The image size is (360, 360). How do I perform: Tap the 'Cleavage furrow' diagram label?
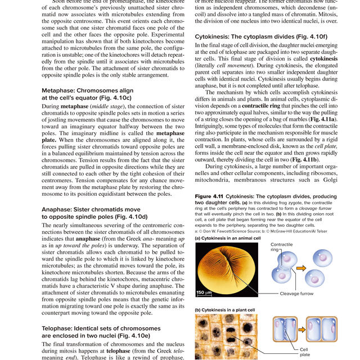point(298,294)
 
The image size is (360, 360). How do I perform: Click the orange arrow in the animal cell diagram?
point(301,268)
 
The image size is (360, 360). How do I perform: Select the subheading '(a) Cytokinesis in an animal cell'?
point(227,238)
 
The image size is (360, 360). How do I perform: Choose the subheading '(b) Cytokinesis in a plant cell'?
point(224,309)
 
